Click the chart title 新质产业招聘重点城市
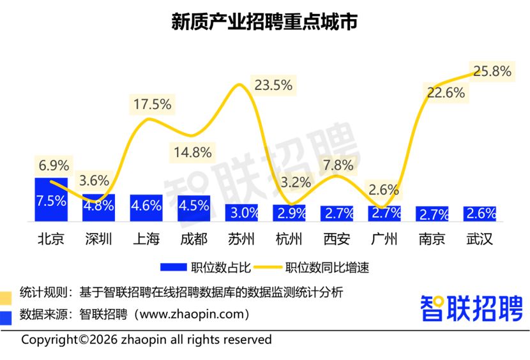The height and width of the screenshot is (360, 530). (264, 21)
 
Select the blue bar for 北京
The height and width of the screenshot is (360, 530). (51, 200)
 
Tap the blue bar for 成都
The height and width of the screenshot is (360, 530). (193, 208)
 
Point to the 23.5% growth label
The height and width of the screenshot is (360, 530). (273, 84)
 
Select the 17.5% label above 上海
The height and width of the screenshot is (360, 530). (152, 103)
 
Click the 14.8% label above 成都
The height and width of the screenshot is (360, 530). (192, 153)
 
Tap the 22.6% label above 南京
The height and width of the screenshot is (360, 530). (445, 93)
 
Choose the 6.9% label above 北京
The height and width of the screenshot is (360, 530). (54, 165)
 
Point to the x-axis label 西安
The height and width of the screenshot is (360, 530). (337, 239)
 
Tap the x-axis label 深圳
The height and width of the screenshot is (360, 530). (98, 239)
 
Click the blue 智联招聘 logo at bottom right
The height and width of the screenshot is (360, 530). (471, 308)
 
